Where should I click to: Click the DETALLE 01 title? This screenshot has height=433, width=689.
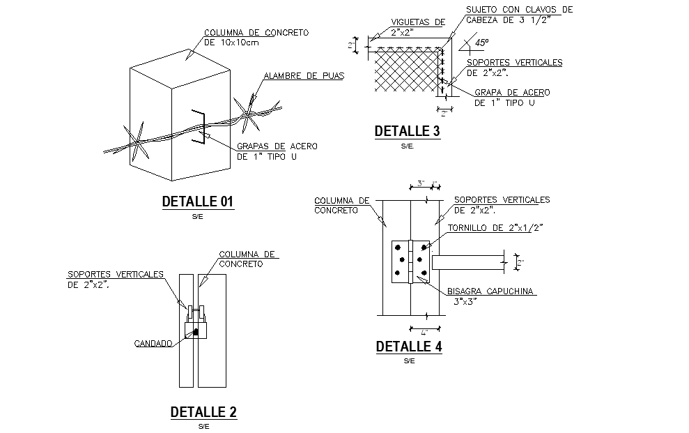197,202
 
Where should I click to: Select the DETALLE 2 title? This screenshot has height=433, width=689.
203,412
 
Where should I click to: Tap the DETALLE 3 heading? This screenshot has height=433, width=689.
407,131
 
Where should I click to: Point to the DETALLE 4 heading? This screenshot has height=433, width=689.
408,347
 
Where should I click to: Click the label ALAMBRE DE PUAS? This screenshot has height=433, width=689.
304,76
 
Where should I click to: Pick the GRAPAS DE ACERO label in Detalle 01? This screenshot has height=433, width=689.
277,151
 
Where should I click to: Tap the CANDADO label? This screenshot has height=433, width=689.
153,343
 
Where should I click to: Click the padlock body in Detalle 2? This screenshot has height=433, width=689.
196,330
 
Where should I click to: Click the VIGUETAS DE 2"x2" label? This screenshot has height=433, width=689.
416,26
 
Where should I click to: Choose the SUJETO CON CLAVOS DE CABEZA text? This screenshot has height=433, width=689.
518,15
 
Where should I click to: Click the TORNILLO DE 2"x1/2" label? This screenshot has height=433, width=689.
495,227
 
